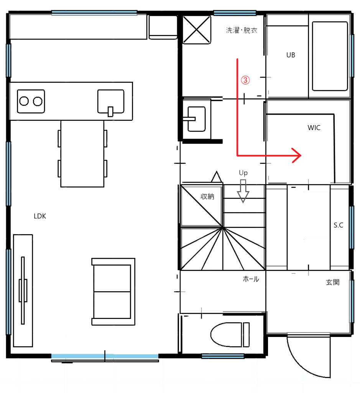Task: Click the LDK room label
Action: coord(40,216)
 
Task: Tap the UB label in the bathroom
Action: coord(291,55)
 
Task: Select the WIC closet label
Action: coord(314,127)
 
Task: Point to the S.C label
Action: coord(338,225)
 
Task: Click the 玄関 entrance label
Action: coord(333,282)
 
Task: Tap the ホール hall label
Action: coord(251,279)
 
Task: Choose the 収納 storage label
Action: coord(207,196)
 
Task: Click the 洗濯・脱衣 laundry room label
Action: coord(241,30)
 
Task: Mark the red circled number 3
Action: coord(245,80)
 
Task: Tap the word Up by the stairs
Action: coord(243,173)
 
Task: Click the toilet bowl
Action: coord(227,335)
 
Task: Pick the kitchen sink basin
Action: coord(111,101)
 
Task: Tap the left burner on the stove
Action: coord(24,101)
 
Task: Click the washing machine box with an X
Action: coord(197,30)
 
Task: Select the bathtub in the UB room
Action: coord(330,56)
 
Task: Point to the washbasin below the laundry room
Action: coord(197,119)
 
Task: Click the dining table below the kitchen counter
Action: coord(82,154)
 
